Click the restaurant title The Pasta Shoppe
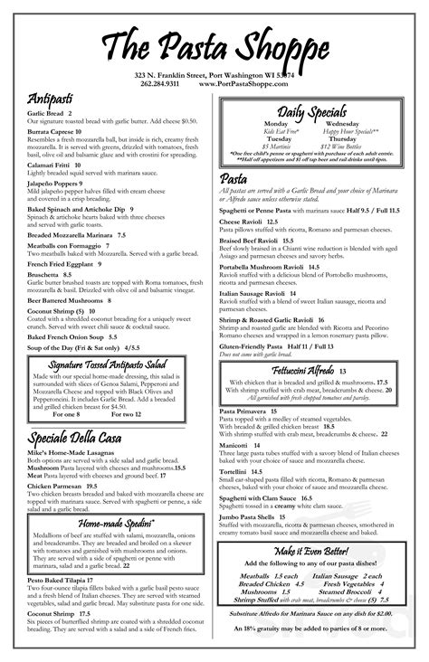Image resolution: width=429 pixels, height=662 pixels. click(x=214, y=45)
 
